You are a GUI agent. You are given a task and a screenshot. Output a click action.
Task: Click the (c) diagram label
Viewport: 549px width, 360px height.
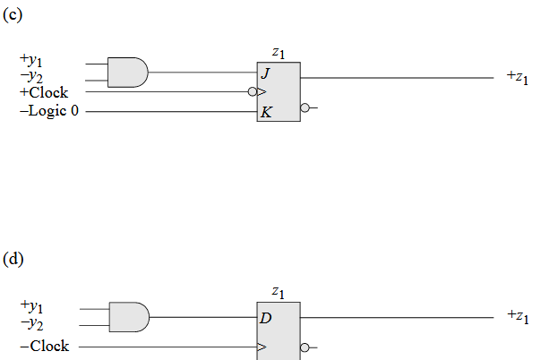pos(13,14)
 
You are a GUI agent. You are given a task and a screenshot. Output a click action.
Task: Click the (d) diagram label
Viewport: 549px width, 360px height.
pos(13,259)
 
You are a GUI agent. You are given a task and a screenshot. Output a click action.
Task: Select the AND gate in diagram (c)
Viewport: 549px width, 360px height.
pos(127,72)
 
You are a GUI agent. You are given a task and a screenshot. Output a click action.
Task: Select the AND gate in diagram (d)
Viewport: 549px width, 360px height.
pos(128,317)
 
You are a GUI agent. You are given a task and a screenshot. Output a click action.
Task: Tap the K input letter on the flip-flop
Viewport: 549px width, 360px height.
pos(266,112)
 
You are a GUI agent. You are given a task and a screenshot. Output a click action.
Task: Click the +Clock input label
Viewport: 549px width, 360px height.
pos(43,92)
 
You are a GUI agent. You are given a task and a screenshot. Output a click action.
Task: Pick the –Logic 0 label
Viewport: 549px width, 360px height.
pos(48,112)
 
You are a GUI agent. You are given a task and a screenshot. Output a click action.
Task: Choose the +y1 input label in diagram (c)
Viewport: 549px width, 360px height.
pos(31,60)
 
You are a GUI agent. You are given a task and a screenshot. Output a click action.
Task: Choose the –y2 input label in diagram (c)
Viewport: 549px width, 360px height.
pos(31,77)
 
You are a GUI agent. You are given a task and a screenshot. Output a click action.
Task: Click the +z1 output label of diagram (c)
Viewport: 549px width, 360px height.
pos(517,78)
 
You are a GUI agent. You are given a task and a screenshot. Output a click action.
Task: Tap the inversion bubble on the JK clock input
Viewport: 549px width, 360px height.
pos(253,91)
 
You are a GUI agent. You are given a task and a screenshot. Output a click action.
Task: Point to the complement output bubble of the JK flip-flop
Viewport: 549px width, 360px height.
pos(305,108)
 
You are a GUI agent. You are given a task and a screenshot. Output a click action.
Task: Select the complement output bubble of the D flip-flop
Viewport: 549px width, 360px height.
pos(305,347)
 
